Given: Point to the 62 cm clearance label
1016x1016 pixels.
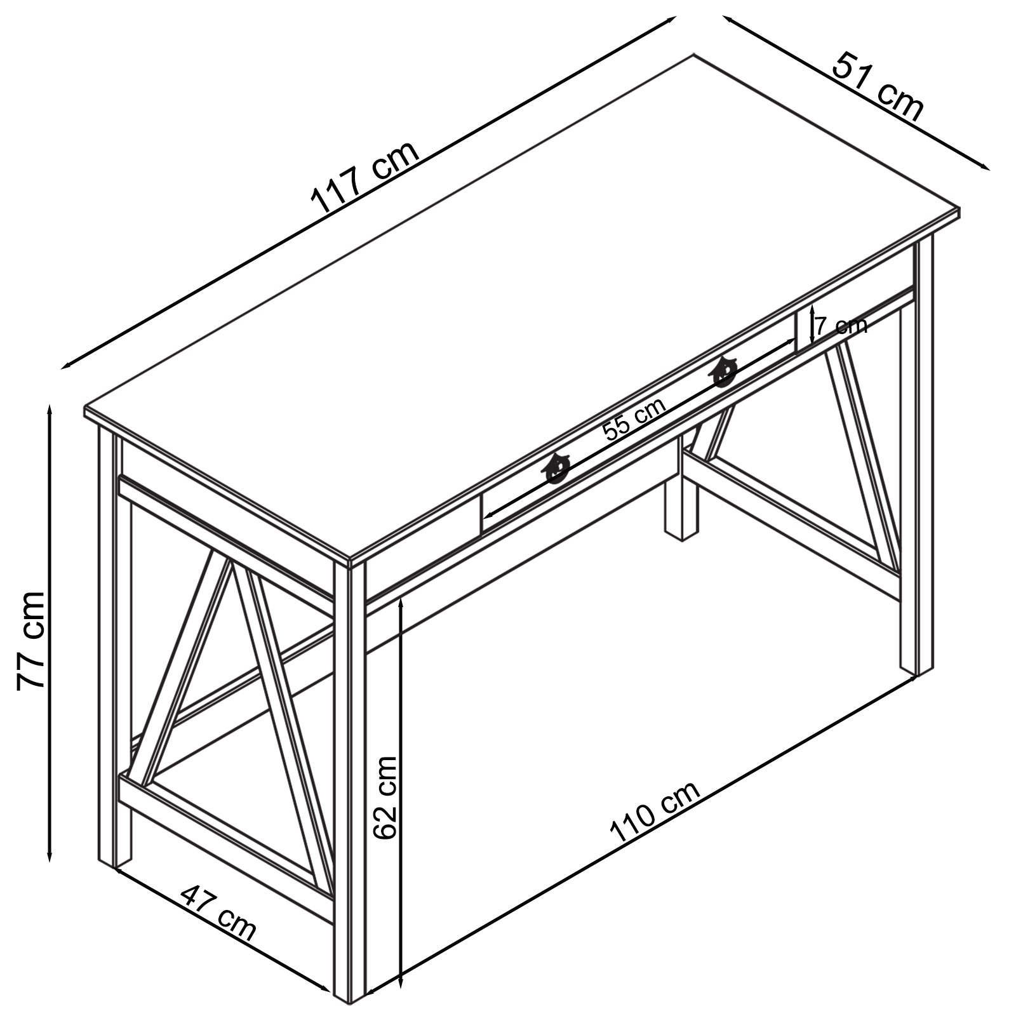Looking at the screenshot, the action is [x=385, y=797].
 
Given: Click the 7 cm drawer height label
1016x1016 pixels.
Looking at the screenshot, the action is [x=841, y=326].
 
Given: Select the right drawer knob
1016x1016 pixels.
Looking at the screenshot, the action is [x=724, y=371].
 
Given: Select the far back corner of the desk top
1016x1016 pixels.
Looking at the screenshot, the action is [x=693, y=55].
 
